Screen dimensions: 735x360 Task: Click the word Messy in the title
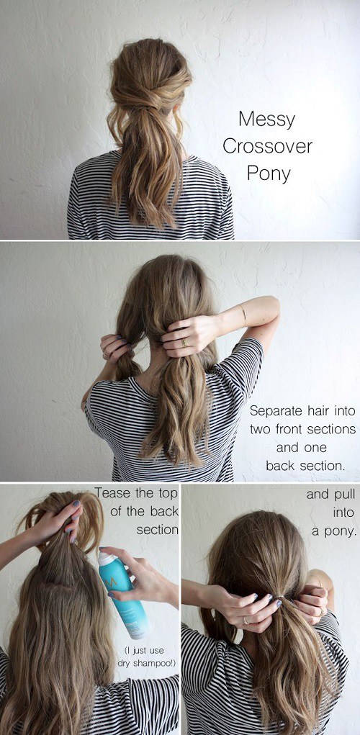[266, 118]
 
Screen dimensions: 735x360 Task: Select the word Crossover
[267, 146]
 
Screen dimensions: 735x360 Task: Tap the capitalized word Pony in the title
[266, 173]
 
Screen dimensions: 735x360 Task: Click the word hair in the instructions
[323, 411]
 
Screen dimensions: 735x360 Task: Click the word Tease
[113, 494]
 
